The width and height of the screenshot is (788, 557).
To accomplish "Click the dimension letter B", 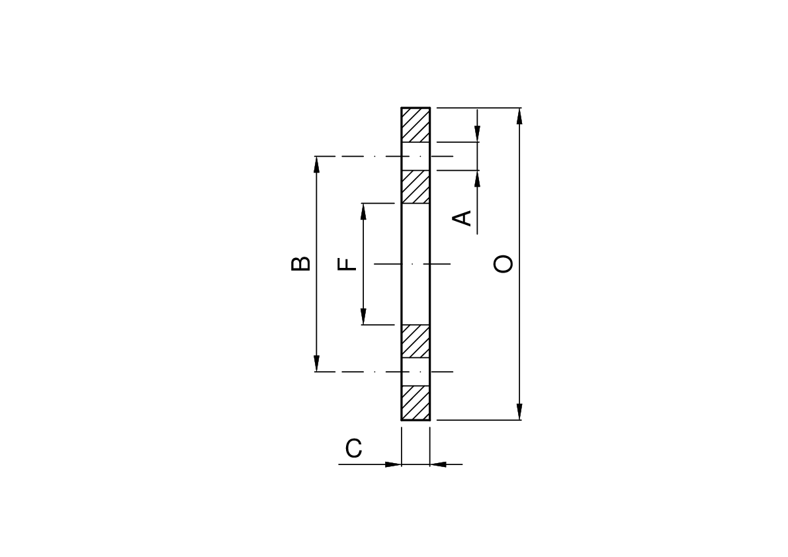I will coord(300,263).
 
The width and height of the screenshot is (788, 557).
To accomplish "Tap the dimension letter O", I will coord(503,264).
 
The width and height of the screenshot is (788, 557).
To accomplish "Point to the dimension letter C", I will coord(354,448).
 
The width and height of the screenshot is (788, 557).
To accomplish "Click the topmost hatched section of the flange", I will coord(416,124).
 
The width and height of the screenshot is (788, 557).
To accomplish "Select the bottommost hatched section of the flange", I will coord(416,403).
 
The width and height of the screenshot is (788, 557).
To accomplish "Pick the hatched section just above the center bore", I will coord(416,187).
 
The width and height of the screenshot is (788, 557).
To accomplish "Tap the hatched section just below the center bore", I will coord(416,341).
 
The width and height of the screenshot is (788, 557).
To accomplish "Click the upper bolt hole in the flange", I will coord(416,156).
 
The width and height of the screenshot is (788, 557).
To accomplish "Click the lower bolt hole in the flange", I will coord(416,372).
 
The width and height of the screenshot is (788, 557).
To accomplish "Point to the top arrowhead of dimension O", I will coord(520,115).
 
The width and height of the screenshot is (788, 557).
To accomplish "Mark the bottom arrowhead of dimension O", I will coord(520,412).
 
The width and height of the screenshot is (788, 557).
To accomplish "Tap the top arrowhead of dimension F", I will coord(363,211).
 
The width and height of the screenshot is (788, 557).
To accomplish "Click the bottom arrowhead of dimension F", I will coord(363,317).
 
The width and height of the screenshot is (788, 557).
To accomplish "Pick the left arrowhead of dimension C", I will coord(394,464).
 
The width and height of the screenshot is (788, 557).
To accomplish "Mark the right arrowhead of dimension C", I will coord(438,464).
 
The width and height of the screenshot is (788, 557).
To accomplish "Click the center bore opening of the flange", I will coord(416,264).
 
